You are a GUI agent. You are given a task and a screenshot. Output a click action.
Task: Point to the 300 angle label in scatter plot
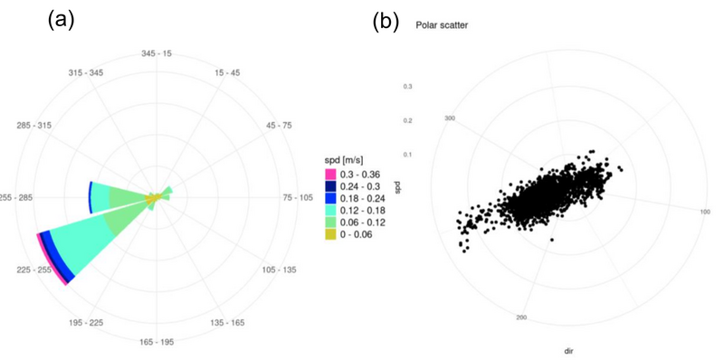448,118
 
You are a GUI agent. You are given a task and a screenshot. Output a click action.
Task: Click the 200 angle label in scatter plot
521,317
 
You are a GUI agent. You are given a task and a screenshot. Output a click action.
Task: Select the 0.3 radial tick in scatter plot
407,87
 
